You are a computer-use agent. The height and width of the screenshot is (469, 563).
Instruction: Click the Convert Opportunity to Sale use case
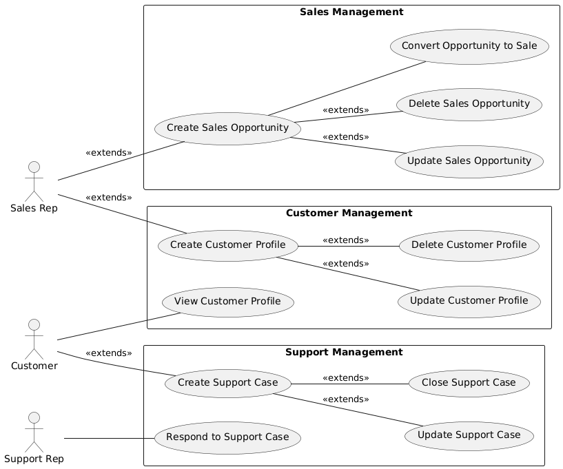coord(469,46)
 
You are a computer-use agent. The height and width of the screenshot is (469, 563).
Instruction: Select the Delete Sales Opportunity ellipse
coord(469,104)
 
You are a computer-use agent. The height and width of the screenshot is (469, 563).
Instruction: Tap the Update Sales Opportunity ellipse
coord(469,161)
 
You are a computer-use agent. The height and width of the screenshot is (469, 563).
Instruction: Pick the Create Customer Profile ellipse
coord(227,245)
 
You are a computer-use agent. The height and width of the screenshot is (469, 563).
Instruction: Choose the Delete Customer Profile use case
coord(469,245)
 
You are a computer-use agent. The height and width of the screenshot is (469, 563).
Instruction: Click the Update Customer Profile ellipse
coord(469,301)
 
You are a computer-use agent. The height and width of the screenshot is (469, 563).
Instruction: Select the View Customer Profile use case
coord(227,302)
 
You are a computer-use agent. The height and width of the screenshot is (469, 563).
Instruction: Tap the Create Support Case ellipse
coord(227,383)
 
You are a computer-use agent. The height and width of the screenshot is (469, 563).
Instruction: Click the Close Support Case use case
coord(469,383)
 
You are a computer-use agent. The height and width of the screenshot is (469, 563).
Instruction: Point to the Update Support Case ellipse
coord(469,435)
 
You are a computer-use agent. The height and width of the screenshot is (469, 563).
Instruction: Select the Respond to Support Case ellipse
coord(227,437)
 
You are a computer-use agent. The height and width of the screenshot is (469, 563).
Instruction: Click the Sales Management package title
coord(351,12)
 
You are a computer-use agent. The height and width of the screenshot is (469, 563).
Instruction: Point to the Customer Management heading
coord(349,213)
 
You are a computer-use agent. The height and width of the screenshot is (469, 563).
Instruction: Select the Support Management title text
coord(343,352)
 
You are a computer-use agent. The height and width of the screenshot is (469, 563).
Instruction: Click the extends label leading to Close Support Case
coord(345,377)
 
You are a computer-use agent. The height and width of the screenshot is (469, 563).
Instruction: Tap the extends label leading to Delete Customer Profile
coord(345,240)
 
